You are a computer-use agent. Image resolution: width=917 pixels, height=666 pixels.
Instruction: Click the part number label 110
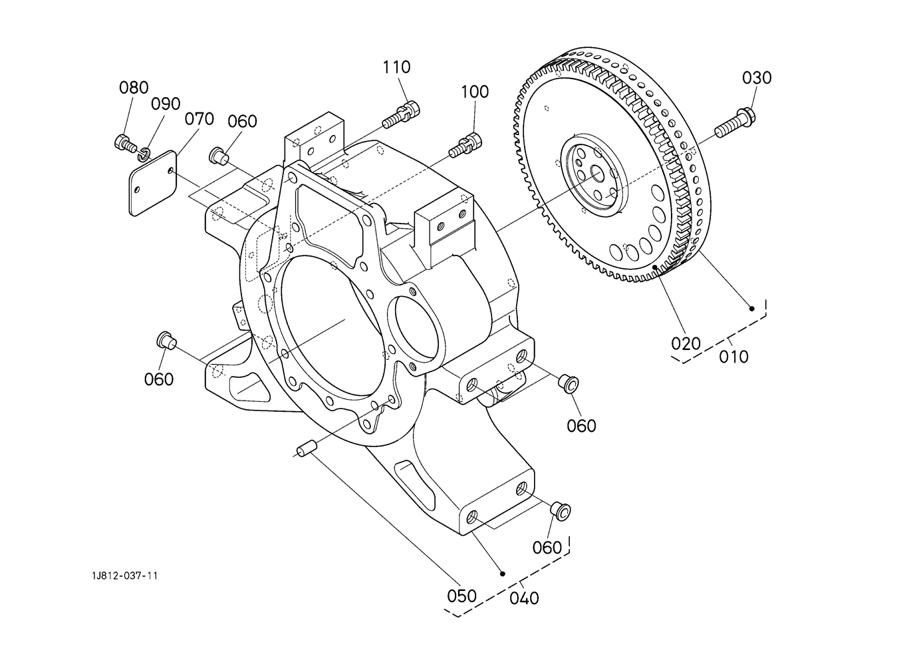(396, 67)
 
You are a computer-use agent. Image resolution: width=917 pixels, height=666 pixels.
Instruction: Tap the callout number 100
(475, 92)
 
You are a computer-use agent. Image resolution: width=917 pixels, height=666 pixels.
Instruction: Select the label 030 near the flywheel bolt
(757, 78)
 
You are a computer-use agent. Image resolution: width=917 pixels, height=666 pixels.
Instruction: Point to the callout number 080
(134, 88)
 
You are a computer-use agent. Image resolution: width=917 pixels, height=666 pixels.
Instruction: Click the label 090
(166, 104)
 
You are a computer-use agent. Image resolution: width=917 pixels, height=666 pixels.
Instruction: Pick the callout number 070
(199, 119)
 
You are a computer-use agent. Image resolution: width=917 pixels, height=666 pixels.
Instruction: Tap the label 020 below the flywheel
(686, 344)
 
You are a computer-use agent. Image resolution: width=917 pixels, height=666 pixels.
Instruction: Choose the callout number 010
(733, 357)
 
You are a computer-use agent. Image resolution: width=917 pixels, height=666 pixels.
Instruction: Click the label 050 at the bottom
(461, 596)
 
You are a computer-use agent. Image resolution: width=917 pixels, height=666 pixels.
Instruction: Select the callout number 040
(525, 598)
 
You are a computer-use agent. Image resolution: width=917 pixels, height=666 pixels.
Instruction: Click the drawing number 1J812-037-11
(125, 576)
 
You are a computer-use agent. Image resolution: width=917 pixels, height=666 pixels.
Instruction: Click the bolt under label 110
(402, 114)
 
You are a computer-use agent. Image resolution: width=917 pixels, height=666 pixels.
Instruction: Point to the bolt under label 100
(465, 145)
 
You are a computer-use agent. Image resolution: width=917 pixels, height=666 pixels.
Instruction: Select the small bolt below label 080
(125, 143)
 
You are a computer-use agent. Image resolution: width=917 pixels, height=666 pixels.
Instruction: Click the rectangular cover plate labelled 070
(153, 183)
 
